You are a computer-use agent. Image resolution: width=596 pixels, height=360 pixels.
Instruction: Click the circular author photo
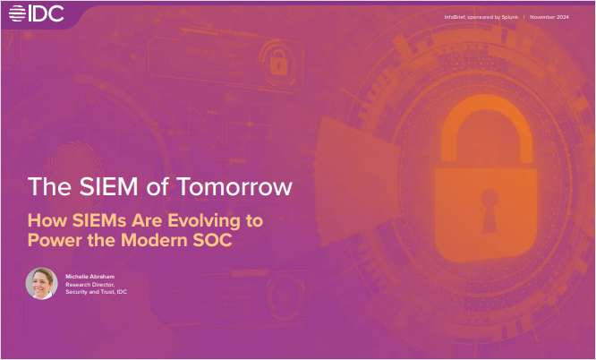tap(41, 283)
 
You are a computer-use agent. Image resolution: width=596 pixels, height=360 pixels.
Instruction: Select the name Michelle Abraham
tap(90, 277)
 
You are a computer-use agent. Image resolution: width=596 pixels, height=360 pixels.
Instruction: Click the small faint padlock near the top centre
tap(278, 64)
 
